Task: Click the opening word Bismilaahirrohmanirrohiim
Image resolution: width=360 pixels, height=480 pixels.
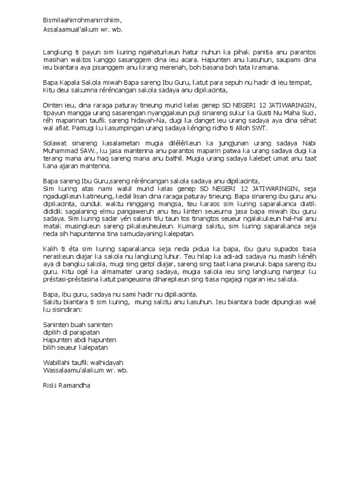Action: coord(82,20)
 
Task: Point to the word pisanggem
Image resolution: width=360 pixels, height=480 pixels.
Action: coord(112,67)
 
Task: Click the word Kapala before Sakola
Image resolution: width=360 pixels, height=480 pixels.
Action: coord(70,82)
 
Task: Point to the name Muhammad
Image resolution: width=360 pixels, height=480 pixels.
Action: coord(61,151)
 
